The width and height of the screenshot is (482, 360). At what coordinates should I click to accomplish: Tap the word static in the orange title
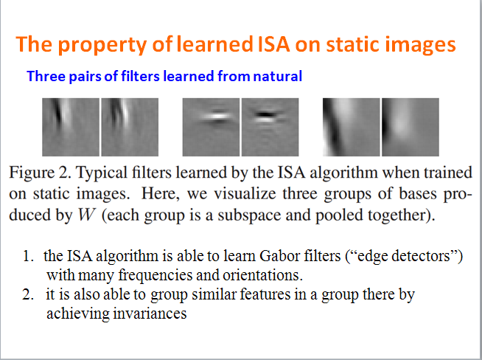pos(352,44)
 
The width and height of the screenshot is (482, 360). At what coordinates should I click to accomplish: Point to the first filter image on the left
pos(71,127)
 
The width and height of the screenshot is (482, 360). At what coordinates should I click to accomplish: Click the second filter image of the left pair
pos(130,127)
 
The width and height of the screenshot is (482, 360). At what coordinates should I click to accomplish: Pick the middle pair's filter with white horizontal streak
pos(211,127)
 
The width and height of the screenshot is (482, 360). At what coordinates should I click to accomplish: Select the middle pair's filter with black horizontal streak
pos(270,127)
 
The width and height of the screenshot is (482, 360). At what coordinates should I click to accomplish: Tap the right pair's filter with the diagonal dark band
pos(352,127)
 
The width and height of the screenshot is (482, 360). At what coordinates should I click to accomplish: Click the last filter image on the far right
pos(411,127)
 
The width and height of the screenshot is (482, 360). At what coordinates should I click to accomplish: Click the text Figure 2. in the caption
pos(40,173)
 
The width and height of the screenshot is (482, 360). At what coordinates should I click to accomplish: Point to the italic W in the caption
pos(86,215)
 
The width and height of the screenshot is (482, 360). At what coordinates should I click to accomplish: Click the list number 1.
pos(28,256)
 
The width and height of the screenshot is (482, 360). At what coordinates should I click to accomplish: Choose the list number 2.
pos(28,295)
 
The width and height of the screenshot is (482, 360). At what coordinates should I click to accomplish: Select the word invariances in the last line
pos(150,314)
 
